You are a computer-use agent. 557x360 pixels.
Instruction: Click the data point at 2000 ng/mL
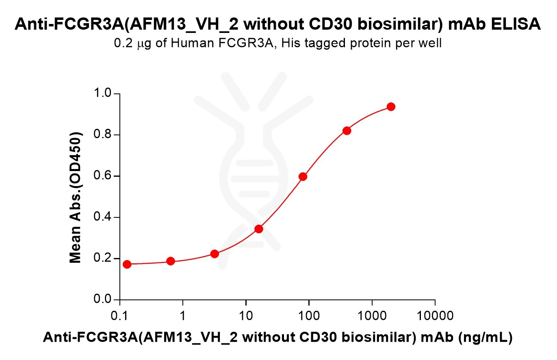coord(391,106)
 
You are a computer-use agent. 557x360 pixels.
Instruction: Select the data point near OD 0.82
coord(347,130)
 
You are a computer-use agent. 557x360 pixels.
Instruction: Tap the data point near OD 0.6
coord(303,176)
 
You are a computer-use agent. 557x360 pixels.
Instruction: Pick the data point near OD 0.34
coord(259,229)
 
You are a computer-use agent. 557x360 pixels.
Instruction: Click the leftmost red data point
coord(127,265)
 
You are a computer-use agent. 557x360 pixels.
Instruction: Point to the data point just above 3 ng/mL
coord(215,254)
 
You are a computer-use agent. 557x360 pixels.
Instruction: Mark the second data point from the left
coord(171,261)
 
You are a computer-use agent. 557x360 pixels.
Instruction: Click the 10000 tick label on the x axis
coord(435,315)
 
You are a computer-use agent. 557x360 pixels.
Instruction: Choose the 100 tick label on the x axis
coord(309,315)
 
